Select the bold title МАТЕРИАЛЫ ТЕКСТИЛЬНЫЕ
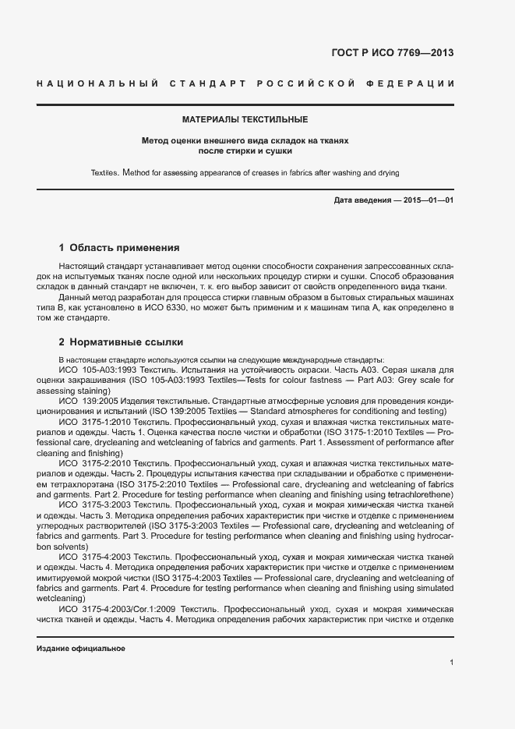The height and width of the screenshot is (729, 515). [x=245, y=120]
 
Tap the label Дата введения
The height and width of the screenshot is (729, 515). [x=362, y=200]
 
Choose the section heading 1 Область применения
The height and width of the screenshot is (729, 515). [x=119, y=248]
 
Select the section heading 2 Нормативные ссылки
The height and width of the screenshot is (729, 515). [x=121, y=341]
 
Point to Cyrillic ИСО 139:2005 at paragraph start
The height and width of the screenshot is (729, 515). [x=89, y=400]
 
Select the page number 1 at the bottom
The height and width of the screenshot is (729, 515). [x=452, y=663]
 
